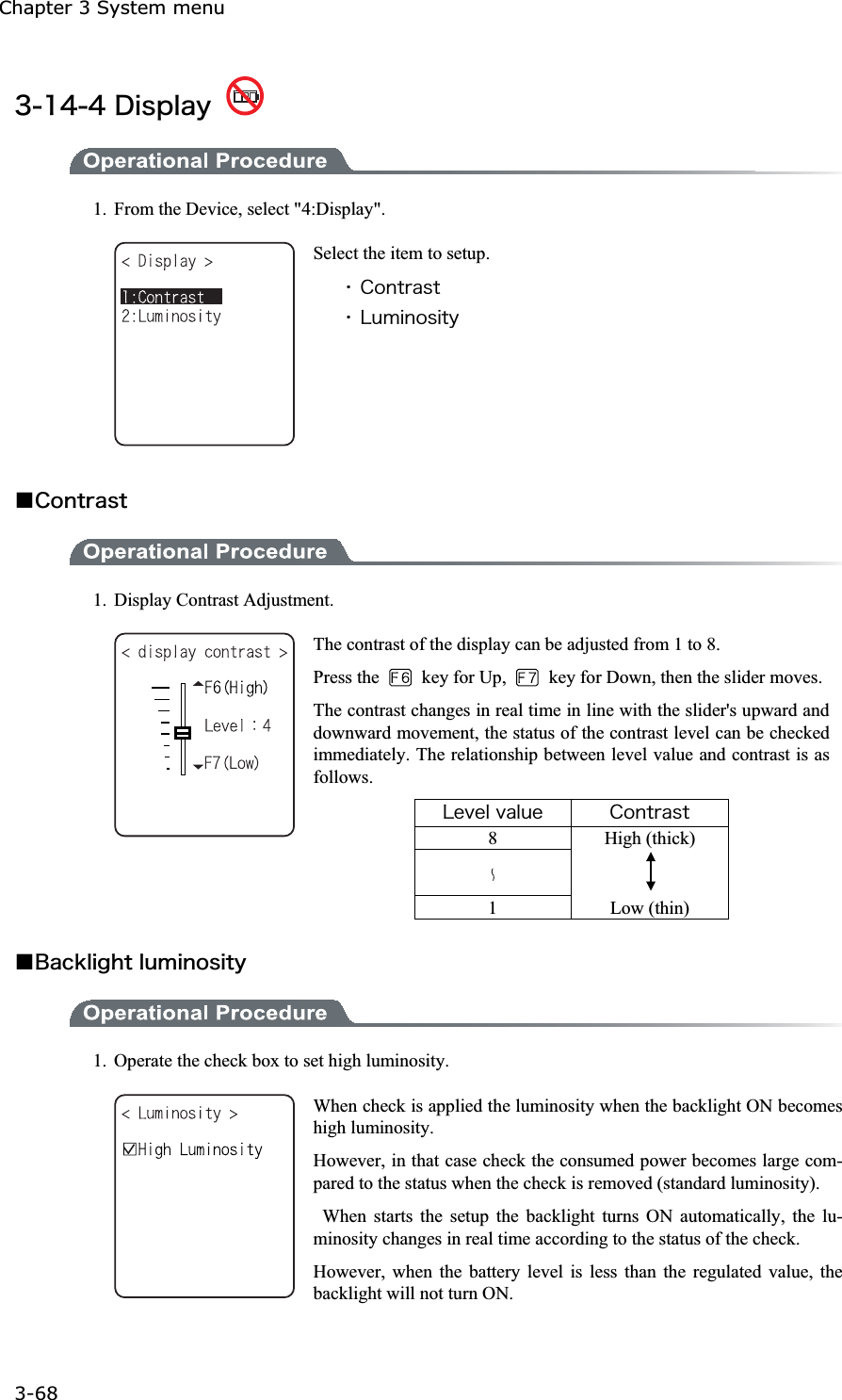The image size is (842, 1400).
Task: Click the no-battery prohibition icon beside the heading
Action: pyautogui.click(x=245, y=96)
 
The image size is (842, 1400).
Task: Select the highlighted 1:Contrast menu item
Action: pyautogui.click(x=171, y=297)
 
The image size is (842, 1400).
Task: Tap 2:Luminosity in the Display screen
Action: pyautogui.click(x=171, y=317)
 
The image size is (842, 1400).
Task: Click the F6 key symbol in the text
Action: pyautogui.click(x=400, y=677)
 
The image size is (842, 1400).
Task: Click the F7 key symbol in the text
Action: pyautogui.click(x=527, y=677)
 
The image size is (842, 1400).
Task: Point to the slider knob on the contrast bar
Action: pyautogui.click(x=183, y=732)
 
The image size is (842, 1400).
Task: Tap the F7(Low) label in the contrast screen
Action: pyautogui.click(x=231, y=763)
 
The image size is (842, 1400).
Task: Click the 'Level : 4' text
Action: pyautogui.click(x=237, y=725)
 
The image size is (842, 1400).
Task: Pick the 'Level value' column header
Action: pyautogui.click(x=493, y=812)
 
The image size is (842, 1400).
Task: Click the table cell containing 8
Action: pyautogui.click(x=493, y=838)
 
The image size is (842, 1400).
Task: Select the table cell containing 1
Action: pyautogui.click(x=493, y=908)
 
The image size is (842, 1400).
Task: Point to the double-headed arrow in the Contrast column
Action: pyautogui.click(x=651, y=871)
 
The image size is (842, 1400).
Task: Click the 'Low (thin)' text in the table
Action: pyautogui.click(x=650, y=908)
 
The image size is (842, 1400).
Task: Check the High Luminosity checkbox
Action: pyautogui.click(x=130, y=1149)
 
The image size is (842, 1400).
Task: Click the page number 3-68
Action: pyautogui.click(x=36, y=1392)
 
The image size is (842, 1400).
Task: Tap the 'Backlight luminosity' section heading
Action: pyautogui.click(x=140, y=962)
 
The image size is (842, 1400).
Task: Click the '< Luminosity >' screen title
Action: pyautogui.click(x=179, y=1114)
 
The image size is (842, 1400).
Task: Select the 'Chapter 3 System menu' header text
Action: pyautogui.click(x=112, y=8)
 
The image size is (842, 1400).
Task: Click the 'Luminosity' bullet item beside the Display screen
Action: pyautogui.click(x=409, y=317)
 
